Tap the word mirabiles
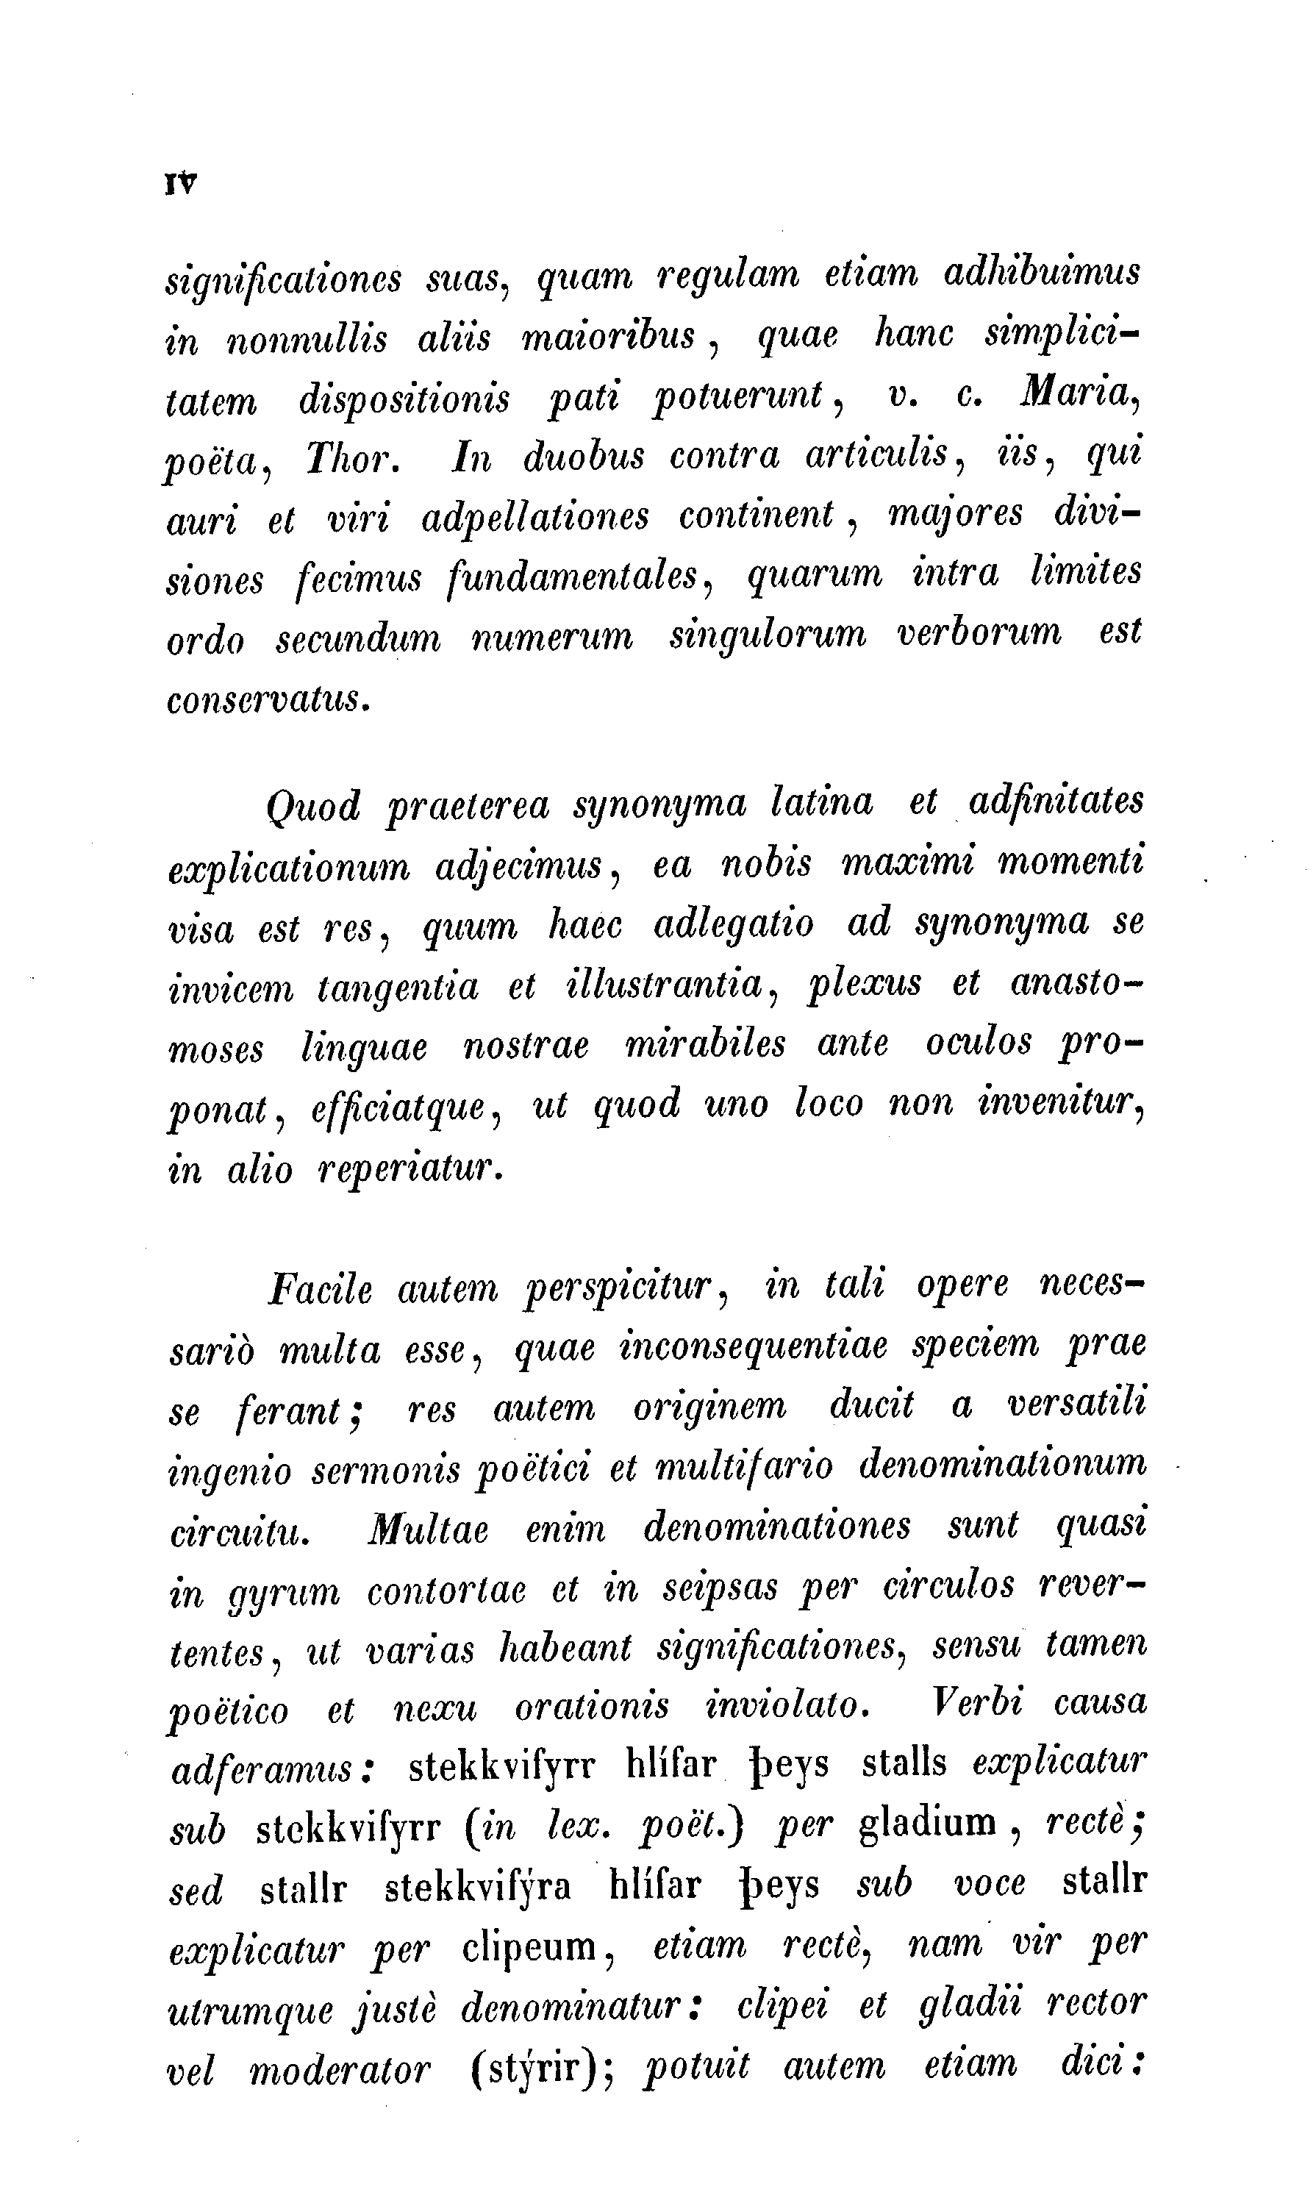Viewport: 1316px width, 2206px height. (x=705, y=1044)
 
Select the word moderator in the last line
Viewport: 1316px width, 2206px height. (x=340, y=2069)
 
